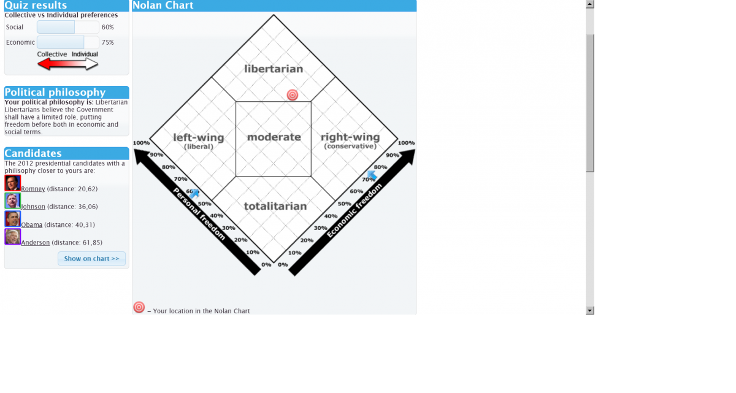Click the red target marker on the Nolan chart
pyautogui.click(x=292, y=95)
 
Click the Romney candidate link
pyautogui.click(x=33, y=189)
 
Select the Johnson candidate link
pyautogui.click(x=33, y=207)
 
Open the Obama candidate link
pyautogui.click(x=31, y=224)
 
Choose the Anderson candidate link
pyautogui.click(x=35, y=242)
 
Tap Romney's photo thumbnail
pyautogui.click(x=12, y=183)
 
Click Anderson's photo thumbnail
pyautogui.click(x=12, y=237)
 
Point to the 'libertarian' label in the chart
pyautogui.click(x=274, y=69)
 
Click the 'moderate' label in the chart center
pyautogui.click(x=274, y=137)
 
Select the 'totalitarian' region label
pyautogui.click(x=275, y=206)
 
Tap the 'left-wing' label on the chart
pyautogui.click(x=199, y=137)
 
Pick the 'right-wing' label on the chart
pyautogui.click(x=350, y=137)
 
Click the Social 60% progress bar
pyautogui.click(x=67, y=27)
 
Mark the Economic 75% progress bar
pyautogui.click(x=67, y=42)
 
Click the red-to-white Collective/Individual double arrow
pyautogui.click(x=67, y=64)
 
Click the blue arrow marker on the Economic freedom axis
pyautogui.click(x=372, y=175)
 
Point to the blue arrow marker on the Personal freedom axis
pyautogui.click(x=194, y=194)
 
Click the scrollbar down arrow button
pyautogui.click(x=590, y=310)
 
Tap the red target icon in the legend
pyautogui.click(x=139, y=307)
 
